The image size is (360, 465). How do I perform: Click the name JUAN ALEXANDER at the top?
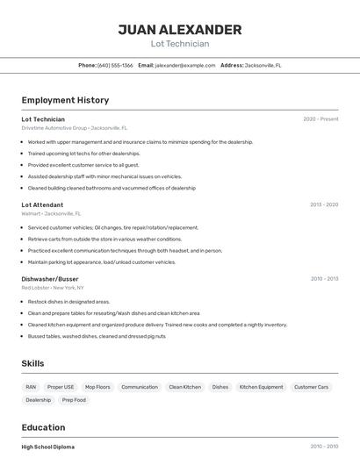click(x=180, y=30)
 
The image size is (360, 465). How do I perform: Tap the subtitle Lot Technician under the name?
click(x=180, y=44)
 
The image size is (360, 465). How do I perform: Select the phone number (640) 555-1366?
click(x=115, y=65)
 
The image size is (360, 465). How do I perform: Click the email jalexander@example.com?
click(x=184, y=65)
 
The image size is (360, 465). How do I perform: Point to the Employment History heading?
click(x=65, y=100)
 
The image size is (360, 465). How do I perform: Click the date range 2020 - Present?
click(x=320, y=119)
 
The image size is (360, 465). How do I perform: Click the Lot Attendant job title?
click(x=42, y=204)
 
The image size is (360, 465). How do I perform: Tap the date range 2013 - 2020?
click(x=324, y=204)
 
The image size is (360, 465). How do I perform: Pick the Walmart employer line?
click(x=51, y=213)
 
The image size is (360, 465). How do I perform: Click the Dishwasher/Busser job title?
click(x=50, y=279)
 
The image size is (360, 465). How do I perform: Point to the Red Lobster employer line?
click(x=53, y=288)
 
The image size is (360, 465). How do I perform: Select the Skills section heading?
click(x=32, y=363)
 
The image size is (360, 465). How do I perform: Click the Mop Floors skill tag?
click(x=97, y=387)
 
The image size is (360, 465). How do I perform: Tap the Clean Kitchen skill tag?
click(x=184, y=387)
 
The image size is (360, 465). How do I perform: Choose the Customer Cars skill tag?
click(x=311, y=387)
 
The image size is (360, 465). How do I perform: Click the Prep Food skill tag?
click(x=74, y=400)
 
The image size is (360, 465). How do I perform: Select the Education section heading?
click(x=44, y=427)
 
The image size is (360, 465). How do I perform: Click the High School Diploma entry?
click(x=47, y=447)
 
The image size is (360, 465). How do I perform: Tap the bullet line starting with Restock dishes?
click(x=68, y=302)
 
